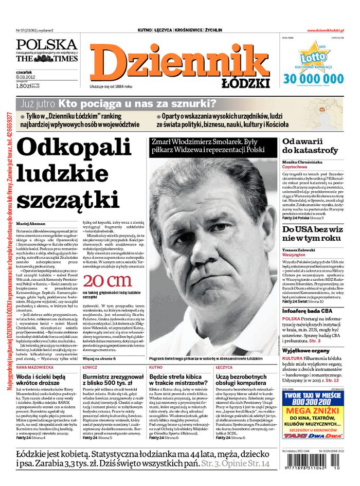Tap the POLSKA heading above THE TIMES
pyautogui.click(x=46, y=44)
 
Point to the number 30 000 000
pyautogui.click(x=313, y=79)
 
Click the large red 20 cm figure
pyautogui.click(x=107, y=281)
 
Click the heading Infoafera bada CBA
pyautogui.click(x=307, y=311)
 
